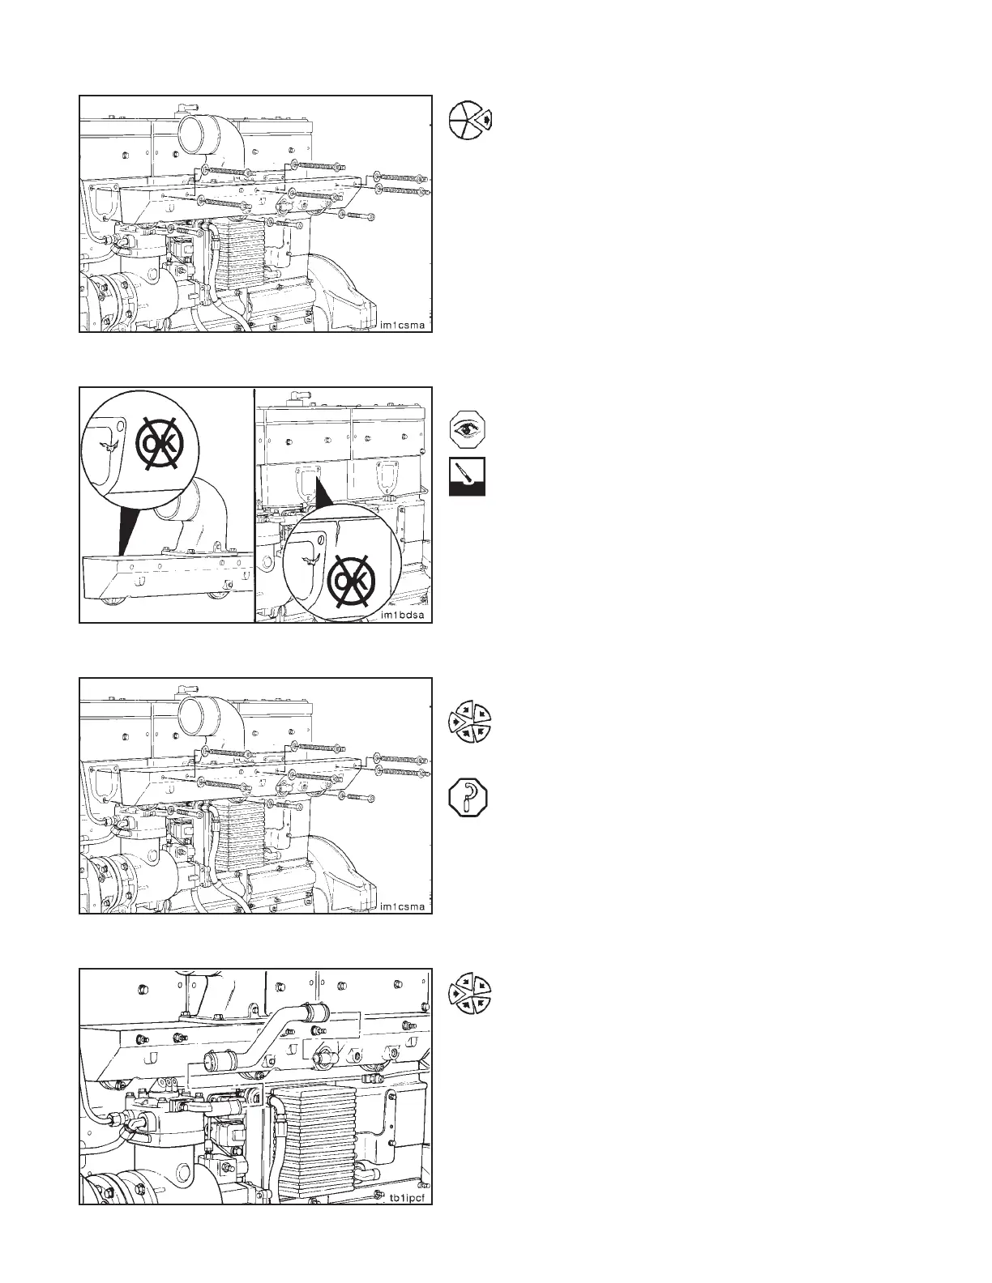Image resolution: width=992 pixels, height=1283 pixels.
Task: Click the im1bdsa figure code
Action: point(403,616)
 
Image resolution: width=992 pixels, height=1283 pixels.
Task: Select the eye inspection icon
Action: point(468,429)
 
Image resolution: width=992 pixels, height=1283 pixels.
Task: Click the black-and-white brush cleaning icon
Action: point(468,477)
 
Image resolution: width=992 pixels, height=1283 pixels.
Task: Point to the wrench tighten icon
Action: point(468,797)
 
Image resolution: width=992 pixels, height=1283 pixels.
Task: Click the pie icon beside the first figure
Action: point(471,121)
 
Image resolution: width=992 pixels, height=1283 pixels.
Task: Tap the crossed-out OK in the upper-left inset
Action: point(160,442)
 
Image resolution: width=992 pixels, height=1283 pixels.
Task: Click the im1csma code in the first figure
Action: point(403,326)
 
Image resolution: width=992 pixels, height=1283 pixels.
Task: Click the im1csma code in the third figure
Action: point(403,906)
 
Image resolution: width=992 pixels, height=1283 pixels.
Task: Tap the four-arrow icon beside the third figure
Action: point(470,722)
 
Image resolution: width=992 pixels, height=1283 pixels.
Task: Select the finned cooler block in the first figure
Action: point(243,254)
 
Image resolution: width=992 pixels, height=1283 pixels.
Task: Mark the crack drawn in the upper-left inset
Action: point(105,446)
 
